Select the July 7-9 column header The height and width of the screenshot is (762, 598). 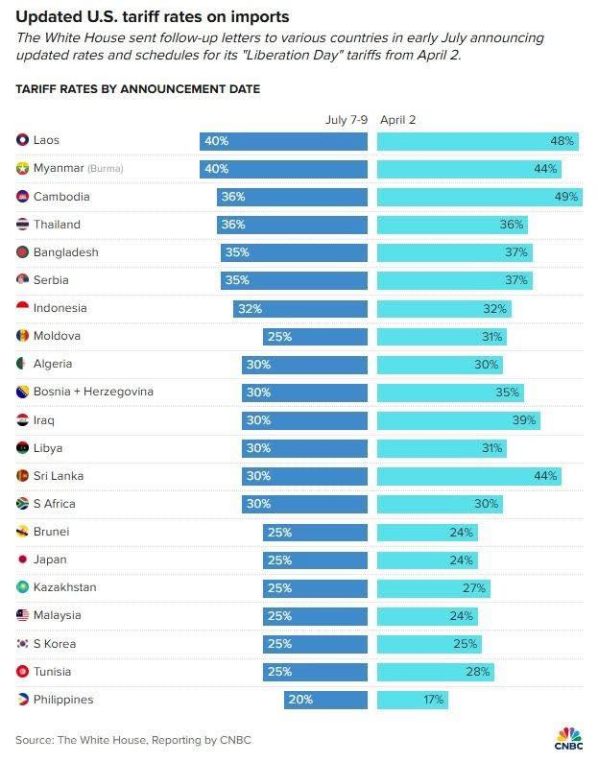[x=347, y=120]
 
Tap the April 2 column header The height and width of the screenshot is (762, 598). [x=398, y=120]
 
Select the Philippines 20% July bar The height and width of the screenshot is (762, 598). [x=325, y=700]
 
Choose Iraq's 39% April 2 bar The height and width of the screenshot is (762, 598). [x=458, y=420]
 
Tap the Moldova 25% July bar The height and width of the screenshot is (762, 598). [x=315, y=337]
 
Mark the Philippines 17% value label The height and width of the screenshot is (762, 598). [x=433, y=700]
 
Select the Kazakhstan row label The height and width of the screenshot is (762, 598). [x=64, y=587]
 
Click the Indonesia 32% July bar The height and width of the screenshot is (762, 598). [x=299, y=309]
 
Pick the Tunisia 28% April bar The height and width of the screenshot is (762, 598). [x=436, y=672]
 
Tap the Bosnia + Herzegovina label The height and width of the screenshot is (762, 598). [x=92, y=393]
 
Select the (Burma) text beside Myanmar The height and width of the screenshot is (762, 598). [x=106, y=169]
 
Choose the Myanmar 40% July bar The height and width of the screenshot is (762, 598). [x=283, y=169]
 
